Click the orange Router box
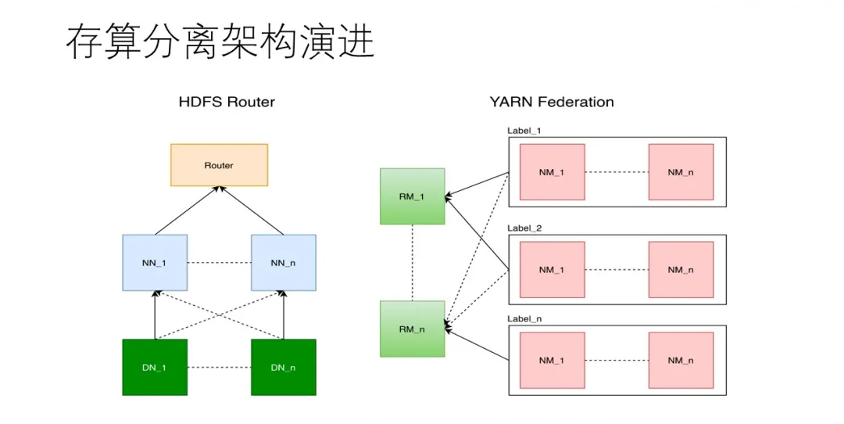(219, 164)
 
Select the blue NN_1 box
(155, 263)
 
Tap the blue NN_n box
(283, 263)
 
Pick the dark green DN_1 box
(155, 367)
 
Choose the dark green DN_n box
(283, 367)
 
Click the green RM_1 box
(412, 196)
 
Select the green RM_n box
(412, 329)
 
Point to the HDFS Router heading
(227, 102)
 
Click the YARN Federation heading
(551, 102)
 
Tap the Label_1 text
(524, 131)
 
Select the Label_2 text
(524, 228)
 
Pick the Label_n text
(524, 319)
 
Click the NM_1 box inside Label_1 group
(552, 172)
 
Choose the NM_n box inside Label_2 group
(681, 270)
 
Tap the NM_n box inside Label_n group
(681, 361)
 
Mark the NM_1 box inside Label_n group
(552, 361)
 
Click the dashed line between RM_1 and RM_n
(412, 263)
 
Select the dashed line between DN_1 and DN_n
(219, 367)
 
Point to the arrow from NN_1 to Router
(188, 210)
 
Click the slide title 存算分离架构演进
(220, 42)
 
